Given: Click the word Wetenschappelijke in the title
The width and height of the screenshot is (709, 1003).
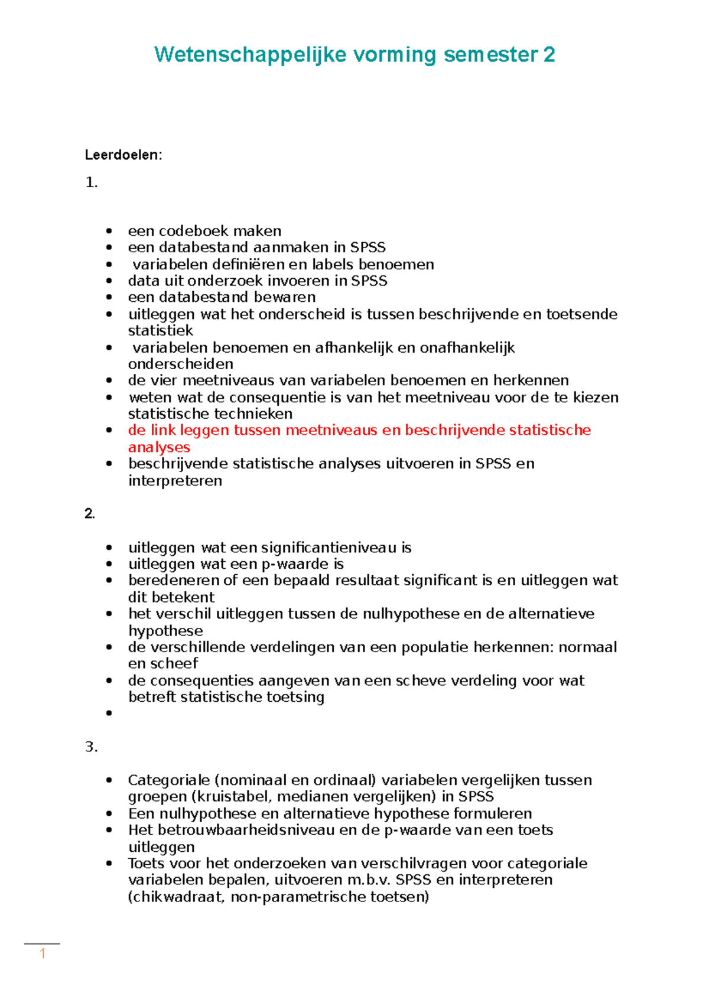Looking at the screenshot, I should click(x=250, y=55).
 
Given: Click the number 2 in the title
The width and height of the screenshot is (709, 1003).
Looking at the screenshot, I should click(x=549, y=55).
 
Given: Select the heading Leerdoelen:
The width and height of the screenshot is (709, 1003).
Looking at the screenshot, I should click(x=123, y=155).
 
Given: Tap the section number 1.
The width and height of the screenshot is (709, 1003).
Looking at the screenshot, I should click(x=91, y=183).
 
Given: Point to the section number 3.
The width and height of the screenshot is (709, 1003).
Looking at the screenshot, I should click(x=91, y=747).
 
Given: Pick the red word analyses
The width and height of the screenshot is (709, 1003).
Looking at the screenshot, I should click(x=159, y=447).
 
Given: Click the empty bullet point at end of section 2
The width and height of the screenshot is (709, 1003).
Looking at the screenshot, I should click(x=109, y=714).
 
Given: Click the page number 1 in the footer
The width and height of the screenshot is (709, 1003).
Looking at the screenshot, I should click(x=43, y=954).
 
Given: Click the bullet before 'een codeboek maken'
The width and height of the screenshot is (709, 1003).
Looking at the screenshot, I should click(x=109, y=231).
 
